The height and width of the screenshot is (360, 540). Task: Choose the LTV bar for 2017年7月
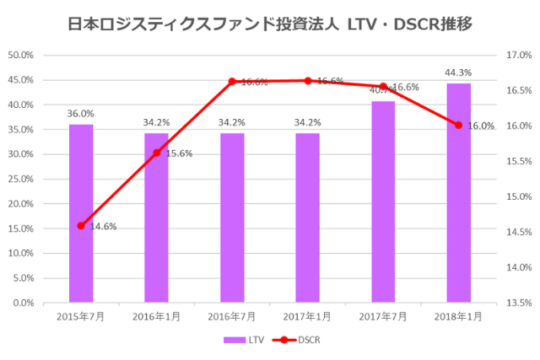point(383,201)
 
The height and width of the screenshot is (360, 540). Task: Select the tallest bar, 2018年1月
point(458,193)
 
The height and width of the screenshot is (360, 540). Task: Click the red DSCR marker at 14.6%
point(81,226)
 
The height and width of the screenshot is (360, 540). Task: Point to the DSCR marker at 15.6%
point(156,153)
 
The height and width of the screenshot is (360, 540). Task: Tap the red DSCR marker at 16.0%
point(458,125)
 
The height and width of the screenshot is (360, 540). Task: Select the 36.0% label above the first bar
point(81,114)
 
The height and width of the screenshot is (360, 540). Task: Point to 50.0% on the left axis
point(19,55)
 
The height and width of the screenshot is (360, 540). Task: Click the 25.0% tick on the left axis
point(19,179)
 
